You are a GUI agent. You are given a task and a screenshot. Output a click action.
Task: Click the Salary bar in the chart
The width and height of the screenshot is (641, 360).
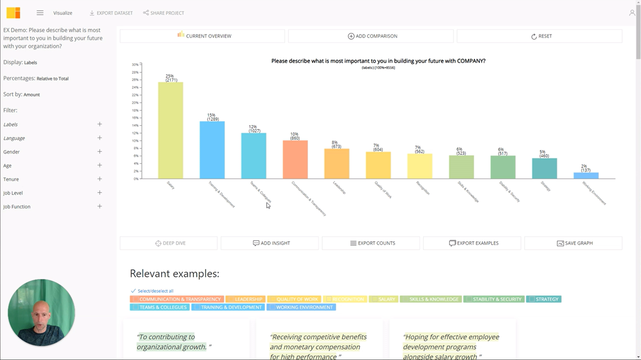point(171,130)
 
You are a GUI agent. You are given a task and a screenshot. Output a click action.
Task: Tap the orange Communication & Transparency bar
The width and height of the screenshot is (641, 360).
point(295,159)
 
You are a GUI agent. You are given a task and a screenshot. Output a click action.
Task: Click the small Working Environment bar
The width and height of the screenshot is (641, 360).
point(586,175)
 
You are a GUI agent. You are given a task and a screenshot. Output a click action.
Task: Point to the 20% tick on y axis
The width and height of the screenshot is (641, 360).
point(135,103)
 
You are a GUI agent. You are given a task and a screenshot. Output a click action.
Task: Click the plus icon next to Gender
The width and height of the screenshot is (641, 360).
point(100,152)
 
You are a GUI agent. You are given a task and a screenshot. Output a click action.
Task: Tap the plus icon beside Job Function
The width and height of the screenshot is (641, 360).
point(100,207)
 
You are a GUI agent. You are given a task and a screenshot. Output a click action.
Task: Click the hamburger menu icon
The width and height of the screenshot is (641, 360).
point(40,13)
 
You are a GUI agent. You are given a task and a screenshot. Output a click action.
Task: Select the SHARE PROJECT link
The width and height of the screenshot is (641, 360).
point(164,13)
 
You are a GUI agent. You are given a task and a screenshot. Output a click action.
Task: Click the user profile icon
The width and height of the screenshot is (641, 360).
point(632,13)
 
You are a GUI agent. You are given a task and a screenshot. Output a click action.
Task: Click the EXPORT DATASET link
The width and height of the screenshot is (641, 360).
point(111,13)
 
